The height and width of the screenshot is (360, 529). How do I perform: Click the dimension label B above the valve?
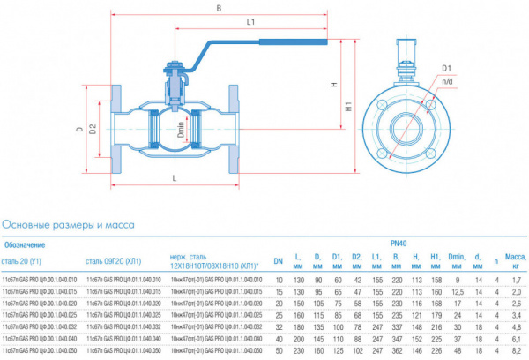[218, 8]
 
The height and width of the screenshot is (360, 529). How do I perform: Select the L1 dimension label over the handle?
[251, 20]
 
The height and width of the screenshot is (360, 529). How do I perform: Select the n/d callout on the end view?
[447, 81]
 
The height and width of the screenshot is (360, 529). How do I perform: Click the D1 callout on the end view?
[446, 68]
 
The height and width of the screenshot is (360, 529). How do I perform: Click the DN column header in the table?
[278, 260]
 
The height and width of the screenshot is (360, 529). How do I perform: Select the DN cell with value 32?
[278, 326]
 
